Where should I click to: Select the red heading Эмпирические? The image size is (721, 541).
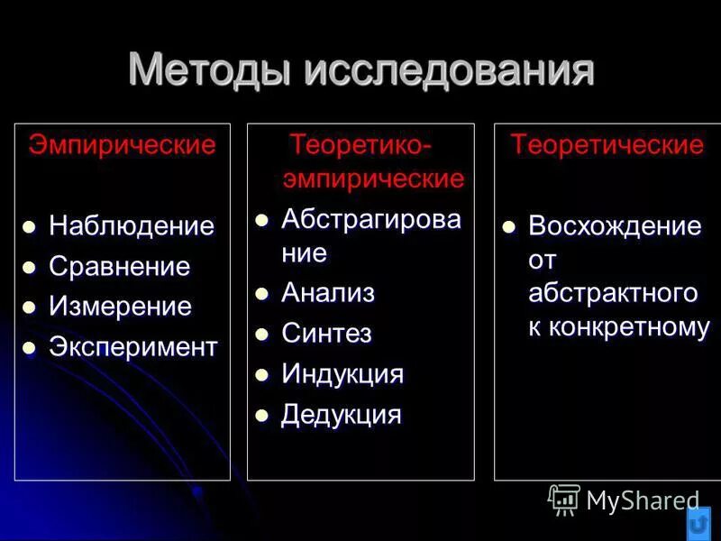pyautogui.click(x=123, y=145)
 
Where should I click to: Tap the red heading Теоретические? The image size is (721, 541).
pyautogui.click(x=607, y=145)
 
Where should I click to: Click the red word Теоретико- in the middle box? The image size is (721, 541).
pyautogui.click(x=360, y=145)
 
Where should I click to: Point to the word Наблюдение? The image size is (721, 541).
pyautogui.click(x=132, y=225)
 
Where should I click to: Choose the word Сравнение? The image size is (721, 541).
pyautogui.click(x=119, y=267)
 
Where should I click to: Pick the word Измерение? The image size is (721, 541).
pyautogui.click(x=120, y=307)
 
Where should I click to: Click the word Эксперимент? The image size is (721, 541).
pyautogui.click(x=132, y=347)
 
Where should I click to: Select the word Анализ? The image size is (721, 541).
pyautogui.click(x=327, y=293)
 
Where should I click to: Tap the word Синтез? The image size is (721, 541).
pyautogui.click(x=326, y=334)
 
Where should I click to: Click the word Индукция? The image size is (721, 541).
pyautogui.click(x=342, y=374)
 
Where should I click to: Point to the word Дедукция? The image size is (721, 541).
pyautogui.click(x=341, y=415)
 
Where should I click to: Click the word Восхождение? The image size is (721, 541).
pyautogui.click(x=615, y=225)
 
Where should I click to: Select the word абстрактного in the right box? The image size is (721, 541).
pyautogui.click(x=613, y=293)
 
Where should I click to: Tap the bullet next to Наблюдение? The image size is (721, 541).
pyautogui.click(x=29, y=226)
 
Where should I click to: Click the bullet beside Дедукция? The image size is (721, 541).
pyautogui.click(x=262, y=416)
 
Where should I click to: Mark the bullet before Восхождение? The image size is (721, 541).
pyautogui.click(x=509, y=226)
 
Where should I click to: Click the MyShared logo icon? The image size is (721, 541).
pyautogui.click(x=564, y=499)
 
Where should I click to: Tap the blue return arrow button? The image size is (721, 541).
pyautogui.click(x=698, y=523)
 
